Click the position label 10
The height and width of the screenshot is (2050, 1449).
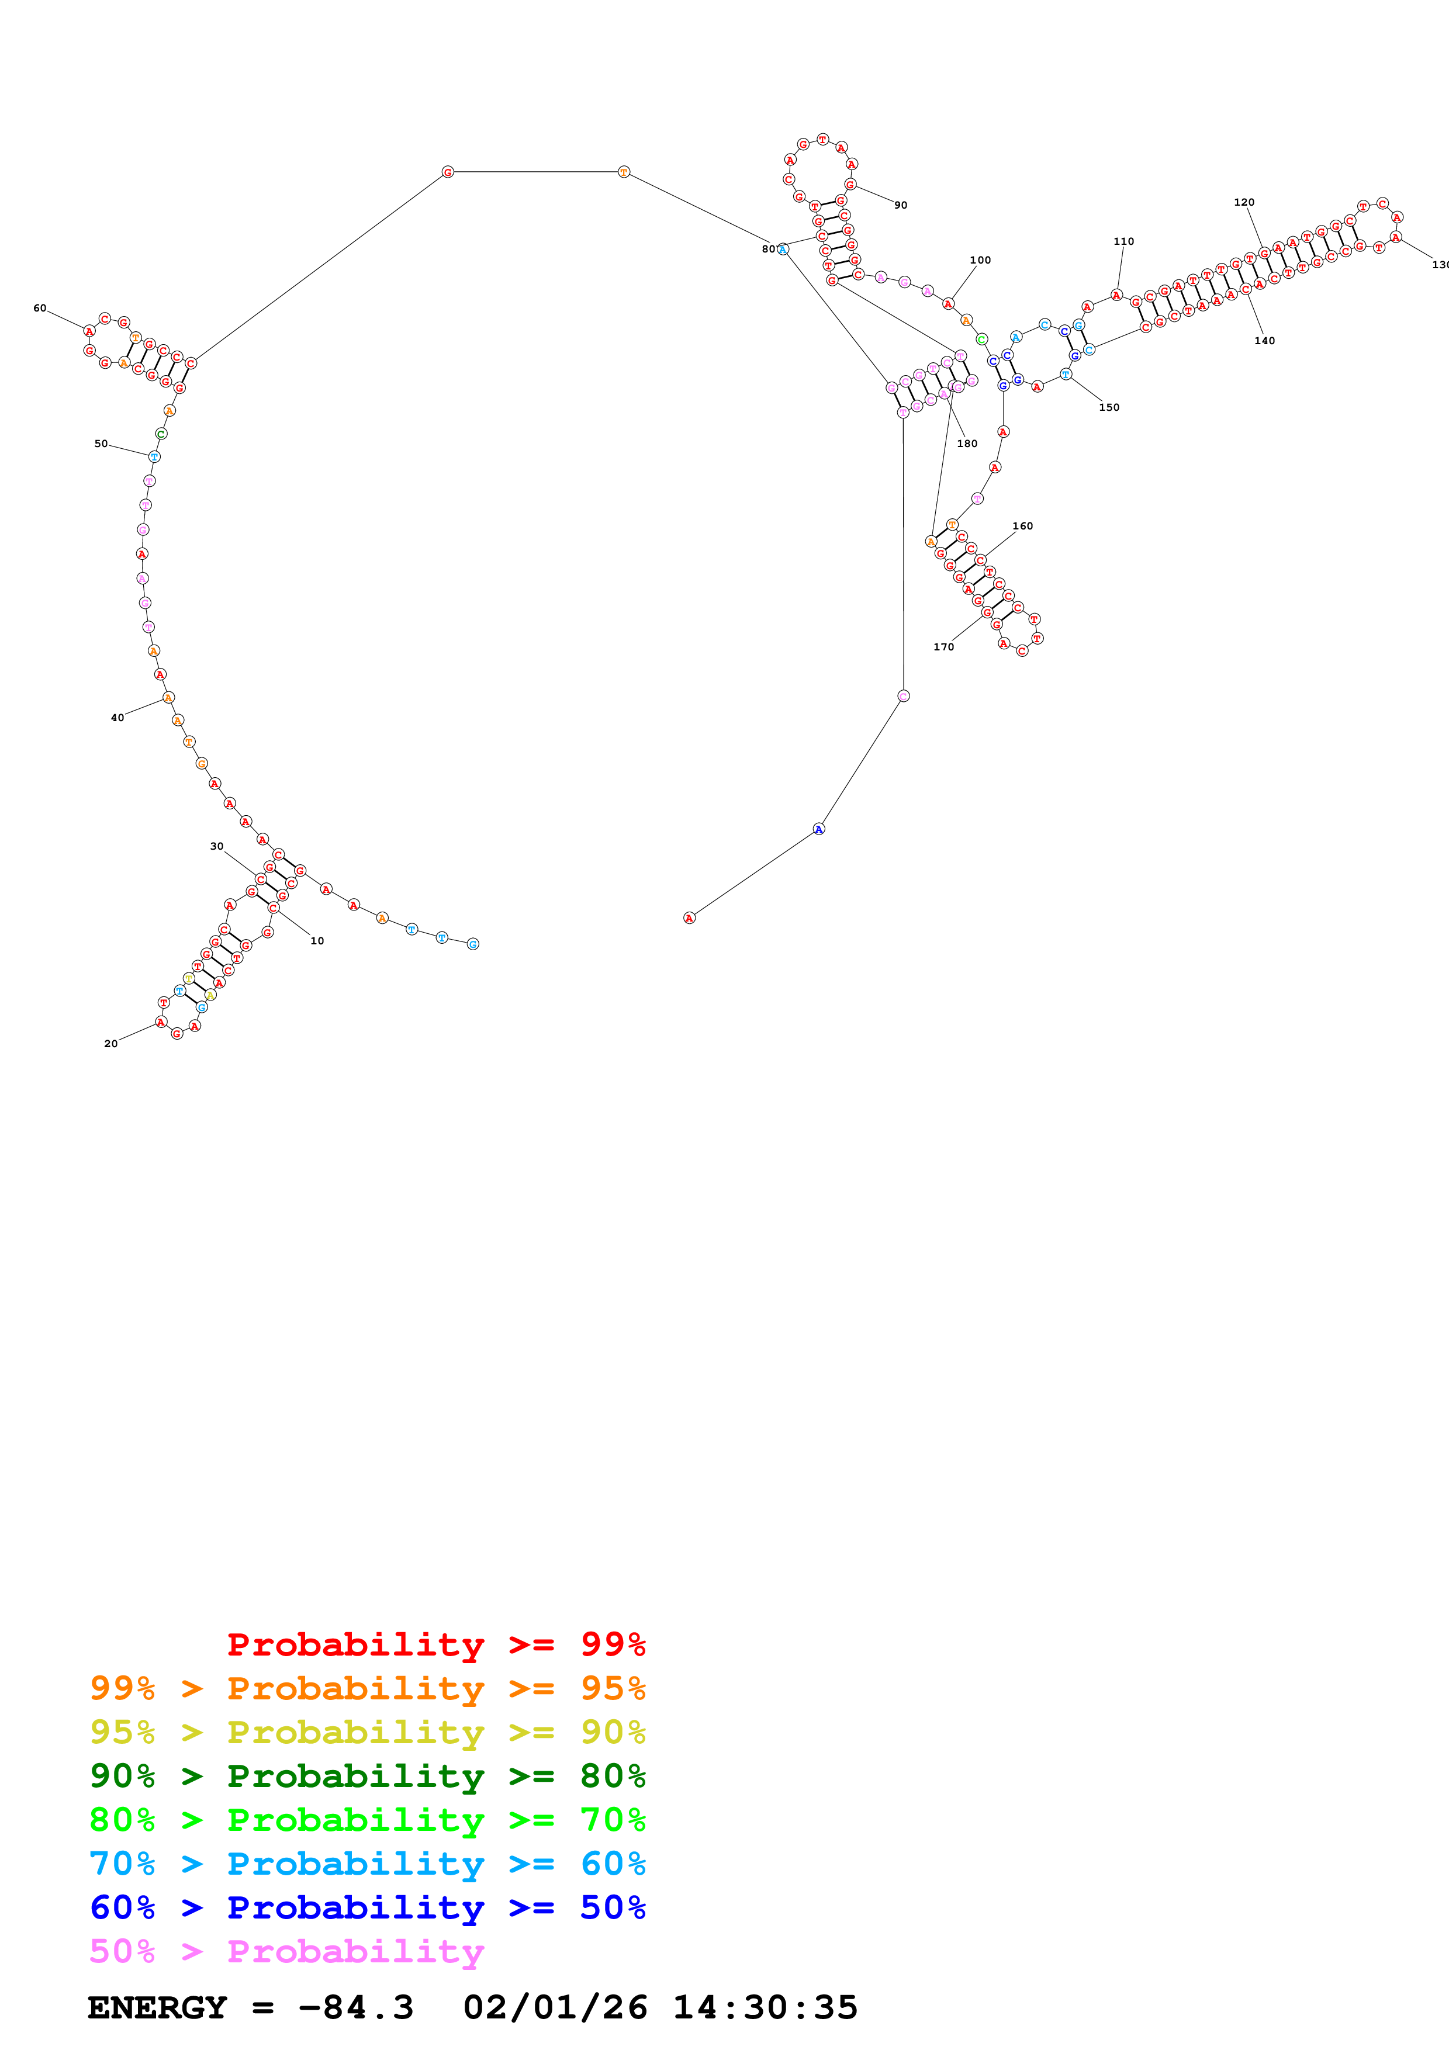317,941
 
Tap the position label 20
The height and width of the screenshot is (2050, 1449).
110,1044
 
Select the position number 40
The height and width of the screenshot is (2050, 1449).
117,718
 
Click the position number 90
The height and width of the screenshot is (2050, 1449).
901,205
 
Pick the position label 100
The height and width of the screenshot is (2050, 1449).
980,261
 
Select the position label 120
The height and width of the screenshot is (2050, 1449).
1244,203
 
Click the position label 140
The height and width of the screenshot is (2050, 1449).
1264,341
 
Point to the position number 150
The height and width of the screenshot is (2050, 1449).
1109,407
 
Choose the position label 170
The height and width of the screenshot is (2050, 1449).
943,647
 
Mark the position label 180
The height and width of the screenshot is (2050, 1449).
967,444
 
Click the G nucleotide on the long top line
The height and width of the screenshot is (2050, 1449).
448,171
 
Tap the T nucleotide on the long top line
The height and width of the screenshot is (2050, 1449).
624,171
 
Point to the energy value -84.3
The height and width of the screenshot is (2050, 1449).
355,2007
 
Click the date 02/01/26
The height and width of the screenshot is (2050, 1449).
555,2007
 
